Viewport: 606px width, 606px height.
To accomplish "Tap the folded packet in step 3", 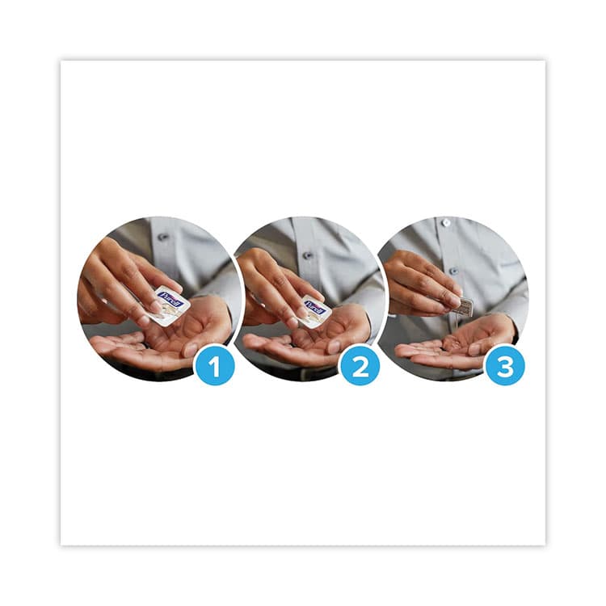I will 462,306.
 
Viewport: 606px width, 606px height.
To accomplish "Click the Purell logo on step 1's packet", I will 169,300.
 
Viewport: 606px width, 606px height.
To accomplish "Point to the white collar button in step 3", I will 445,222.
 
